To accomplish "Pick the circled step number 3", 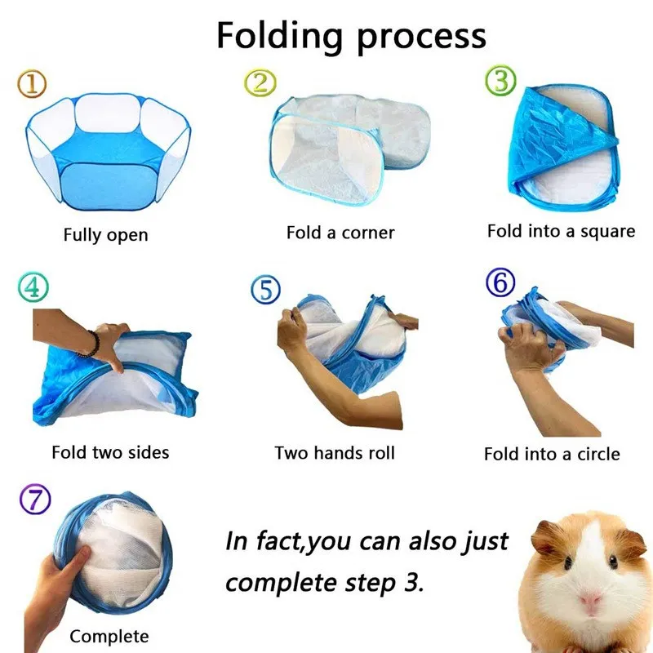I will point(501,81).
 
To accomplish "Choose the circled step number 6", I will point(500,283).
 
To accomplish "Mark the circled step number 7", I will point(34,498).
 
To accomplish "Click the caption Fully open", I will point(106,235).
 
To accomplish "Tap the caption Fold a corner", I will point(340,233).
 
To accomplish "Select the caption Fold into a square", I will point(561,231).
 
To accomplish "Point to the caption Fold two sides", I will point(110,451).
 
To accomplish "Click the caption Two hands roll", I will point(335,452).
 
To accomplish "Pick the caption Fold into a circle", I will point(552,454).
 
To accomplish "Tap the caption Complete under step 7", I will point(109,636).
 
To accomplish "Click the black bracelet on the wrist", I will point(89,343).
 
